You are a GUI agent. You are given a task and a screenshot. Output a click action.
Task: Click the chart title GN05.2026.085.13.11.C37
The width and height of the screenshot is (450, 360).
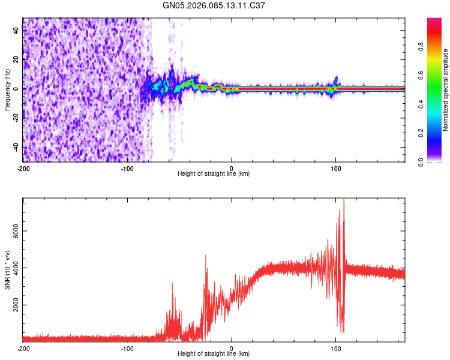tap(214, 5)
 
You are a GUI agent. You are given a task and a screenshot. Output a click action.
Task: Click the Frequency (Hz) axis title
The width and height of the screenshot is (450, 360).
tap(7, 89)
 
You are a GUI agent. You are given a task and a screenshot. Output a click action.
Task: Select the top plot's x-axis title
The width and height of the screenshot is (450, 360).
tap(214, 173)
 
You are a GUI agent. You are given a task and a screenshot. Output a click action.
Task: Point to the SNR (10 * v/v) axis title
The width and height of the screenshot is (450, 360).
tap(7, 270)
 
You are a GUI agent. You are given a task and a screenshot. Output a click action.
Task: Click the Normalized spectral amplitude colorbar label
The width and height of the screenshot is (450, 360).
tap(445, 90)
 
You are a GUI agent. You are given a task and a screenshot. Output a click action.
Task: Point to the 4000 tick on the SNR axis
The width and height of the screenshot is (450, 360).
tap(12, 268)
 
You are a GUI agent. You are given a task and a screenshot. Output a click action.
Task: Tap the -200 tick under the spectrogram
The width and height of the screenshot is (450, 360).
tap(23, 167)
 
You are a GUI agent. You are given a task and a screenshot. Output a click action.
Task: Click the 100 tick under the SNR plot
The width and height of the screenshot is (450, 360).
tap(336, 347)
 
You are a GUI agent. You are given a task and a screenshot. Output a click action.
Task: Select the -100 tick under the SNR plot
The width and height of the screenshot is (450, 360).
tap(127, 347)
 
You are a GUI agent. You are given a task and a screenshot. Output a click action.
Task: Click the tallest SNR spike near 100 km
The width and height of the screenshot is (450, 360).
tap(343, 200)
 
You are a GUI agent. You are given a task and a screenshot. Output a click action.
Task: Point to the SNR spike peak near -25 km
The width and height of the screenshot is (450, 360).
tap(206, 255)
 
